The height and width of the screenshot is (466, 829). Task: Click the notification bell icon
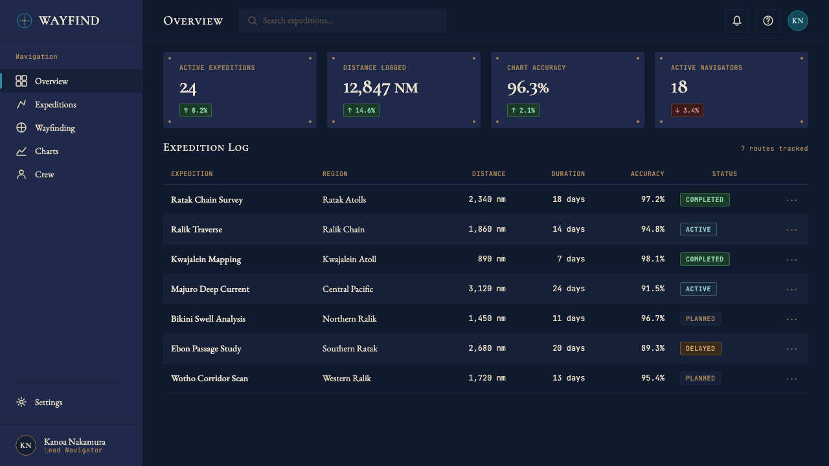coord(737,21)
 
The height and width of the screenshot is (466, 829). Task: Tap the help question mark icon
coord(768,21)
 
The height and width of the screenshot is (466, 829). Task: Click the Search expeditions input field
coord(343,21)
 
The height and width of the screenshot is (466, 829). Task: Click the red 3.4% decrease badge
coord(687,110)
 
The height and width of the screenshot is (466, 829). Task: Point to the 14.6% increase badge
coord(361,110)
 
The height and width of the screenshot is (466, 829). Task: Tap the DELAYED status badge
coord(701,348)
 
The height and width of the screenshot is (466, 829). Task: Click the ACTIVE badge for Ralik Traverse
coord(698,229)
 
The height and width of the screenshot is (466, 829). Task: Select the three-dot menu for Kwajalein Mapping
coord(791,260)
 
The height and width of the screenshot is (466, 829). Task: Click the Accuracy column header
coord(647,174)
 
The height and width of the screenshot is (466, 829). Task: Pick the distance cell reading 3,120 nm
coord(487,289)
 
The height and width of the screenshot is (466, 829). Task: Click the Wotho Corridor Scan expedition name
coord(209,379)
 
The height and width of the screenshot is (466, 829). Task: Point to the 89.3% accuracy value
coord(653,348)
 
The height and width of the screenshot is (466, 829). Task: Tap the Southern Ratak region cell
coord(350,348)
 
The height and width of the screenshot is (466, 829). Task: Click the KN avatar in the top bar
coord(797,21)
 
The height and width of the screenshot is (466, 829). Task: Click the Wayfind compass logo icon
coord(25,21)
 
